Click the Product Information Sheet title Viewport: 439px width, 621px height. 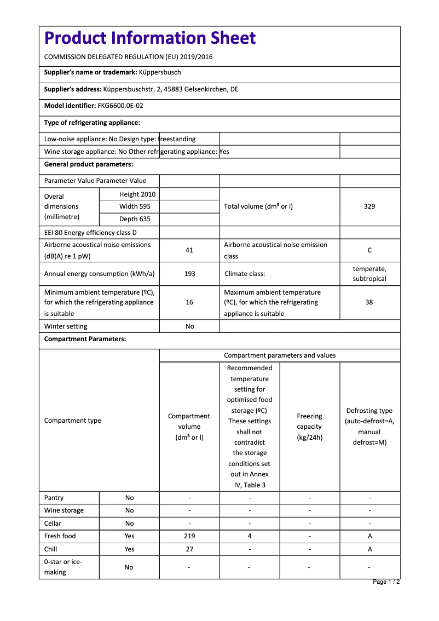[x=150, y=38]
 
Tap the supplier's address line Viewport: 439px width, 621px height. [x=141, y=89]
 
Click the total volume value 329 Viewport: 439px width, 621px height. [x=369, y=206]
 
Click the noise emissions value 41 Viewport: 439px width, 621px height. [x=189, y=250]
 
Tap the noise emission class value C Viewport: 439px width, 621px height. [x=369, y=250]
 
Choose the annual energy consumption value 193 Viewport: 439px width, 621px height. [x=189, y=273]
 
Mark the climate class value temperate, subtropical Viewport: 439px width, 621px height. [x=369, y=274]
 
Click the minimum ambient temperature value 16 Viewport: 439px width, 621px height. [x=189, y=302]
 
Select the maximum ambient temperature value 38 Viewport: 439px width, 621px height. [x=369, y=302]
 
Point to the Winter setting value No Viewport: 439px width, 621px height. [x=189, y=326]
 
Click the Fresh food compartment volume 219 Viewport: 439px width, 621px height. [x=189, y=536]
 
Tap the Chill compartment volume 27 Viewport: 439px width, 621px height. [x=189, y=549]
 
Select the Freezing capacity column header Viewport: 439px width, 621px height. [x=310, y=427]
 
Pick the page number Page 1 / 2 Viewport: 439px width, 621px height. [x=386, y=582]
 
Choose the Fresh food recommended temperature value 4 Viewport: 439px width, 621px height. [x=250, y=536]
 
